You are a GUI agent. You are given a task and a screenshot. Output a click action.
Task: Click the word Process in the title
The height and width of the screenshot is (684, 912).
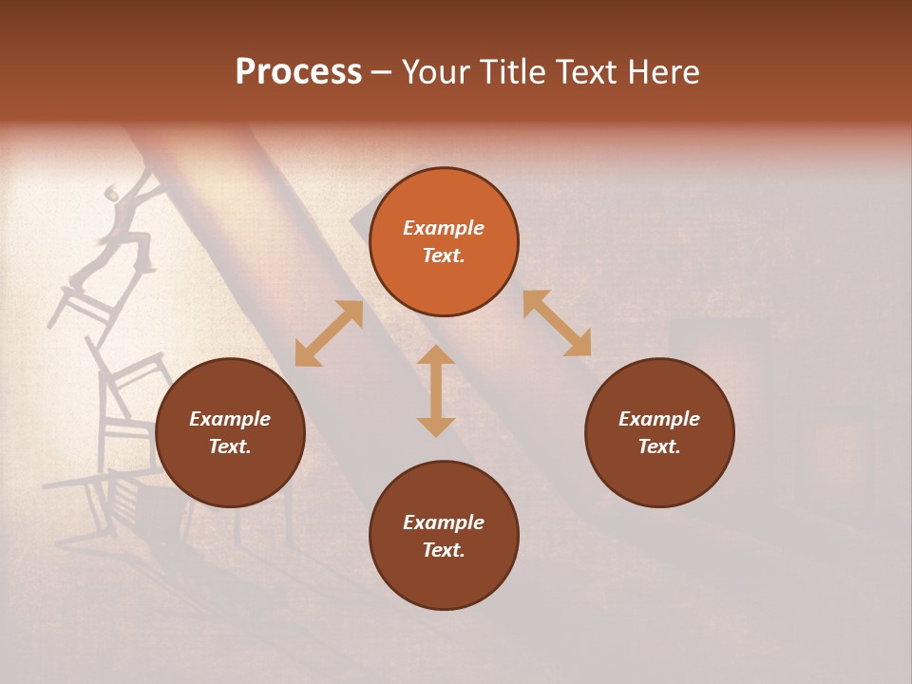click(298, 72)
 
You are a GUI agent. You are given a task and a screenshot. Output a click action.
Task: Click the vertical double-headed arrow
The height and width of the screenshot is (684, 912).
click(436, 391)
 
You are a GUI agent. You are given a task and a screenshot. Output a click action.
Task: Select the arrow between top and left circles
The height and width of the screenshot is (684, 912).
click(329, 333)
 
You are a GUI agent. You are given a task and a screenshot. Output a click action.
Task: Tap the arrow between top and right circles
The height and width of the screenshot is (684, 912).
click(558, 324)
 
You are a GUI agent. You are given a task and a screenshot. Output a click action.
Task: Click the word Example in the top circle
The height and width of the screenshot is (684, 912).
click(444, 228)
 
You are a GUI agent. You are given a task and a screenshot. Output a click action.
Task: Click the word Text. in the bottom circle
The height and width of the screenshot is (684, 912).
click(444, 550)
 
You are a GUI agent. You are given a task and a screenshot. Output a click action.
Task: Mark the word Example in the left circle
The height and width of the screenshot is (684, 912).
click(230, 419)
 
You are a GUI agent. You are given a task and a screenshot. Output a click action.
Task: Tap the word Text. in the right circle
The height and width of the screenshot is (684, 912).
click(659, 446)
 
